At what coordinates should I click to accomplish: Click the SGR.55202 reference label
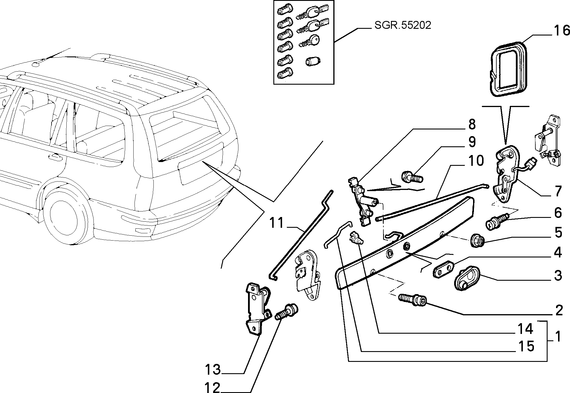click(x=403, y=25)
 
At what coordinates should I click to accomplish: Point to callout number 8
click(x=472, y=125)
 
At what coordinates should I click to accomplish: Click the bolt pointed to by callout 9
click(x=412, y=177)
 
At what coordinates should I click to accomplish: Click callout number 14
click(x=525, y=329)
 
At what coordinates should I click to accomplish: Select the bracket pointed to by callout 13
click(x=258, y=309)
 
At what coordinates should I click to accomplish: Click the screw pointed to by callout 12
click(x=286, y=312)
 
